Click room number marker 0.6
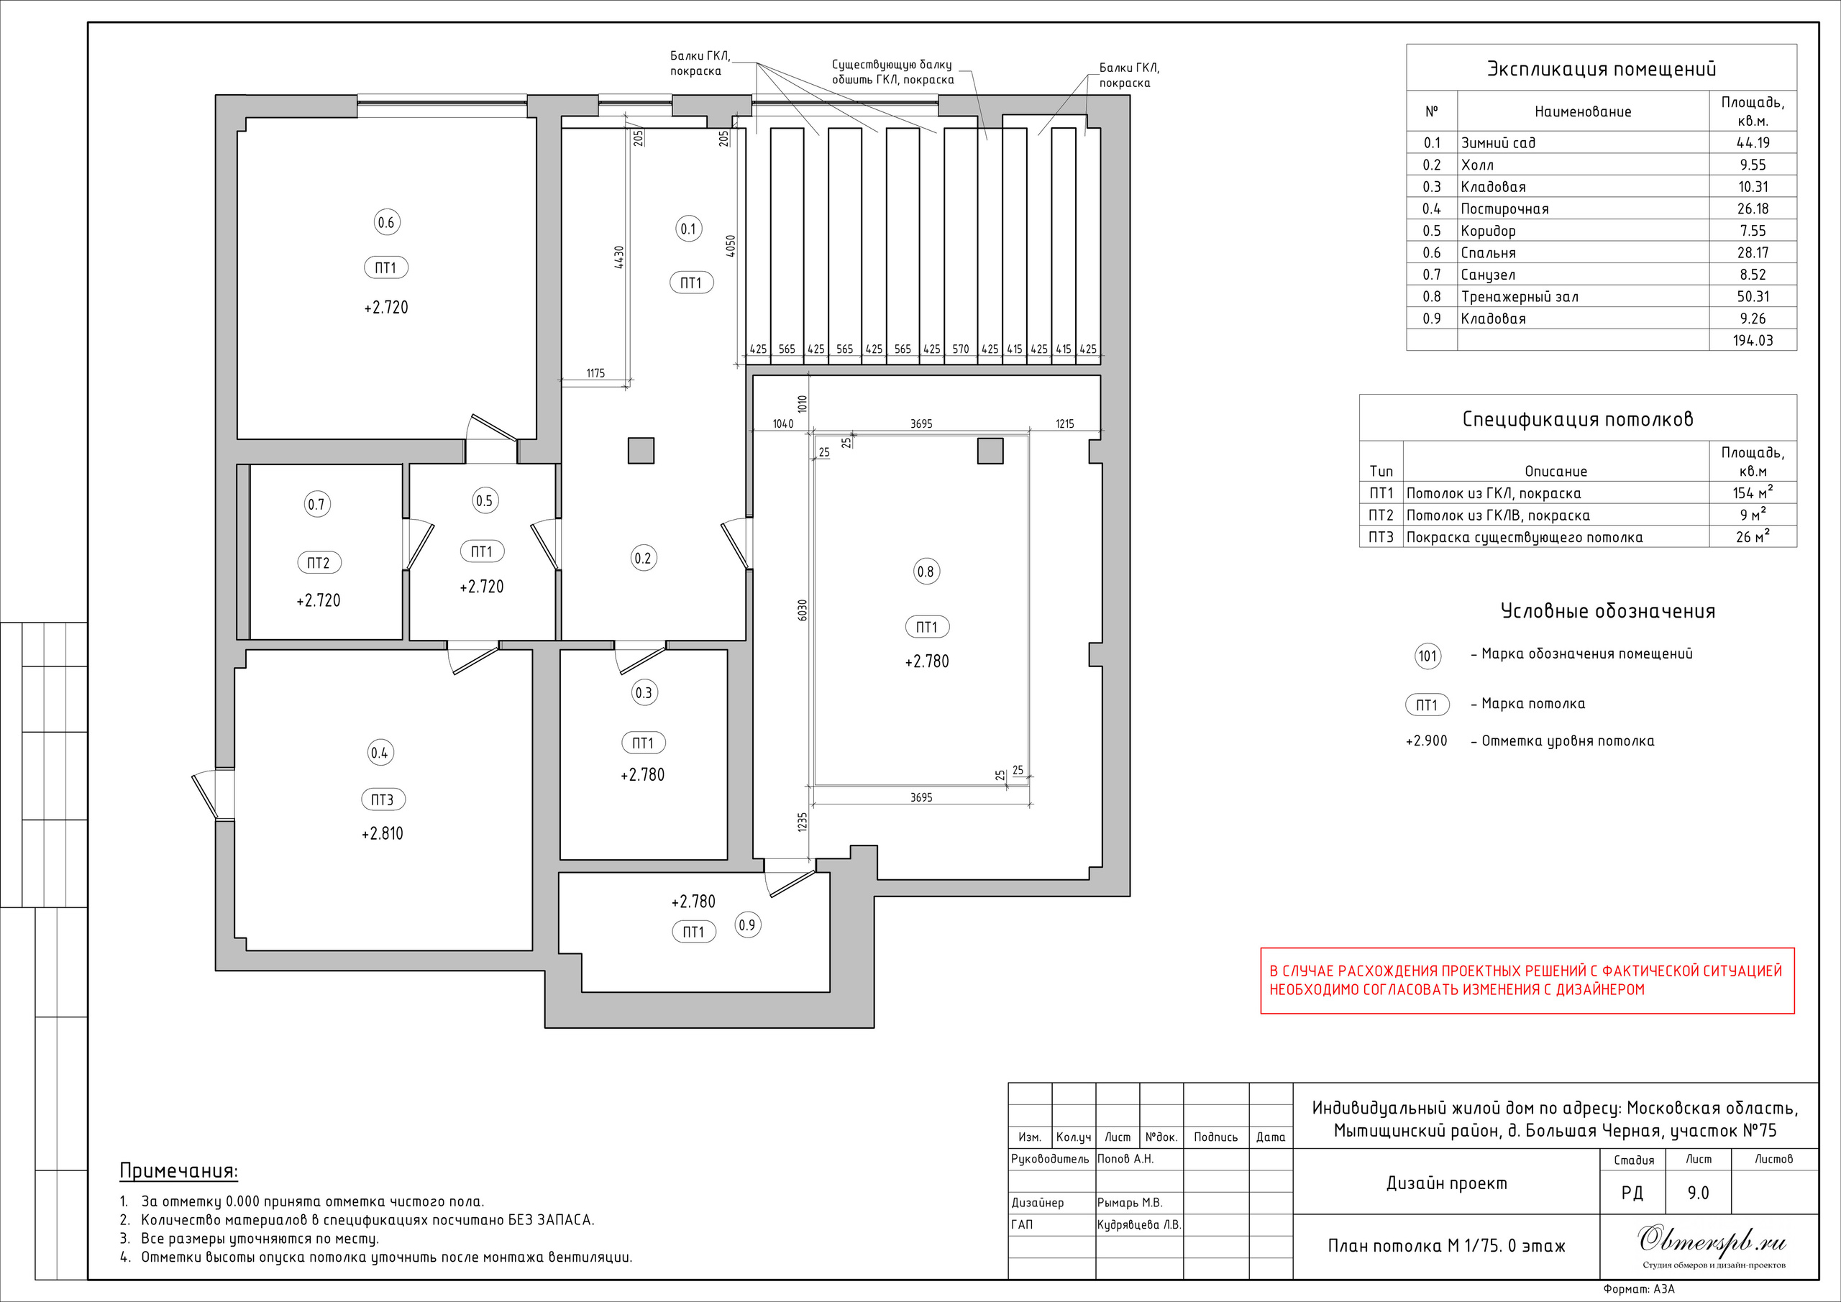385,222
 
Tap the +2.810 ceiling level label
383,834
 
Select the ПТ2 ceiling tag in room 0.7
319,563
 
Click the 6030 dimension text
803,610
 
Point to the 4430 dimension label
618,257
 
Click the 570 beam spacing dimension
961,349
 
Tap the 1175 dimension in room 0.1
595,373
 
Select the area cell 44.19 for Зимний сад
1753,142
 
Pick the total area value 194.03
1753,341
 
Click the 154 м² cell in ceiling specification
1753,492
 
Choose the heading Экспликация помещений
1602,69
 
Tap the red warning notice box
1527,981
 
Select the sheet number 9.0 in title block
1699,1193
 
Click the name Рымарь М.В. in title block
1130,1203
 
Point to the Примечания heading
179,1171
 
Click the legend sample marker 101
1428,656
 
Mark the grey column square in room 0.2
641,451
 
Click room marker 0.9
747,925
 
